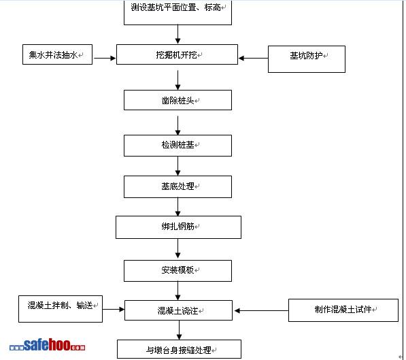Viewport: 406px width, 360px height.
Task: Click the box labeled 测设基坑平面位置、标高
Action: (x=177, y=12)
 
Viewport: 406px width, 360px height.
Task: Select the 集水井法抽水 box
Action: (x=57, y=54)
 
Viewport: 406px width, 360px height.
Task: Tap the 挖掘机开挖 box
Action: (x=177, y=54)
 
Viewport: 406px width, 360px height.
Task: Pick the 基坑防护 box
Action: (x=307, y=59)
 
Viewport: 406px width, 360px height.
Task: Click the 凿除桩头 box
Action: (x=177, y=100)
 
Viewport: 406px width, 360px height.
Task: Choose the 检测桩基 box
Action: (x=177, y=146)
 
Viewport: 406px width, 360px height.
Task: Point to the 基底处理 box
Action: (x=177, y=187)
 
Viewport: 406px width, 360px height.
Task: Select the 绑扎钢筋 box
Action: (x=178, y=227)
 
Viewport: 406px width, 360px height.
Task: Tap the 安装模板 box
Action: (x=177, y=271)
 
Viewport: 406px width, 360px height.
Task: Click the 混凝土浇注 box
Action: (x=178, y=310)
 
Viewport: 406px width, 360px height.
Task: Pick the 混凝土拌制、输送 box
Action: (x=61, y=309)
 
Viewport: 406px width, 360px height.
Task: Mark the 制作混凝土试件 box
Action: (x=343, y=310)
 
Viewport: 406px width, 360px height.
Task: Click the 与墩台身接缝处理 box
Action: (x=179, y=349)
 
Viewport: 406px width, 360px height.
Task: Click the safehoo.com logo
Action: (x=47, y=345)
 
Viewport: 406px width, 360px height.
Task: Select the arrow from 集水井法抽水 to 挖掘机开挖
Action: (x=105, y=58)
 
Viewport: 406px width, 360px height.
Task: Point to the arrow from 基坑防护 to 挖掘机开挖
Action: (x=253, y=58)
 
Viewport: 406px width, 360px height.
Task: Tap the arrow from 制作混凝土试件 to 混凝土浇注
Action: (x=262, y=310)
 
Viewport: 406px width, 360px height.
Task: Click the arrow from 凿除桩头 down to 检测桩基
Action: (x=178, y=125)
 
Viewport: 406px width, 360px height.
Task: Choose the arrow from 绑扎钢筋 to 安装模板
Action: (x=178, y=248)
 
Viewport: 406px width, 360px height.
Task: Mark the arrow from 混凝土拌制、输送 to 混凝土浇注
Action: (x=114, y=309)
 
